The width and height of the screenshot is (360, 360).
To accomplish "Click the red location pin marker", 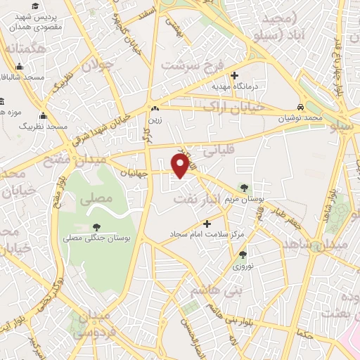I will click(181, 165).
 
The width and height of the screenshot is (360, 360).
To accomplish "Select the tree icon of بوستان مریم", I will click(243, 188).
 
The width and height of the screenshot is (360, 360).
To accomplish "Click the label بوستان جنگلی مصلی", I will click(98, 239).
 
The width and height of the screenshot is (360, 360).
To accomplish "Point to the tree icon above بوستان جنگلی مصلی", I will click(96, 227).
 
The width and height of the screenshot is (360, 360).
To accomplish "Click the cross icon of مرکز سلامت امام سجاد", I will click(207, 223).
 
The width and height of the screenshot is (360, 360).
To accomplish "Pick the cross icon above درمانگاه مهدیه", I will click(235, 75).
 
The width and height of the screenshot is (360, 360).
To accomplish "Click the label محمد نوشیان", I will click(302, 118).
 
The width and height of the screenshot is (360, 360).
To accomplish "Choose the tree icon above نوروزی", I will click(243, 255).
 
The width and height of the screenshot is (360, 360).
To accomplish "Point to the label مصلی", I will click(96, 199).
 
